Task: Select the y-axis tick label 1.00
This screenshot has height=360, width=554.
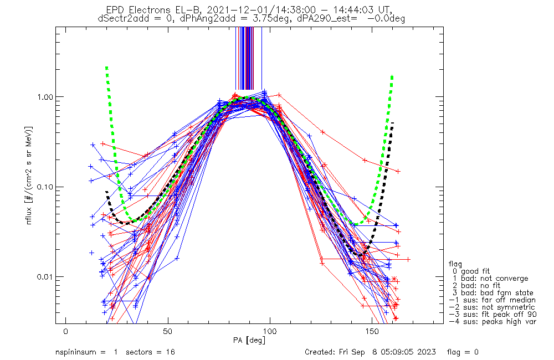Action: click(49, 96)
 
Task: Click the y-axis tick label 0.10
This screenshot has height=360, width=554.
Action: click(49, 187)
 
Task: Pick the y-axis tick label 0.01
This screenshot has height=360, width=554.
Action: click(49, 276)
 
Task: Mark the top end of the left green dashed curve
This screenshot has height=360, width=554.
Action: click(106, 67)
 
